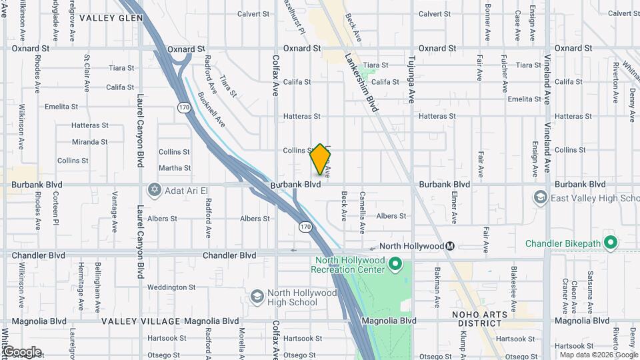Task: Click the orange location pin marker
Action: (x=321, y=159)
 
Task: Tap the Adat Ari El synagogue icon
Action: (x=155, y=191)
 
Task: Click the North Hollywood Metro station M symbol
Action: (x=451, y=246)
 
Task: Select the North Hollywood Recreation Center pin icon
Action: (x=395, y=265)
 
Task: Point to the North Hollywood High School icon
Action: (x=257, y=296)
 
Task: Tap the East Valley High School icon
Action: (x=540, y=197)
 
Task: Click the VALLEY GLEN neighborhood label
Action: (x=111, y=18)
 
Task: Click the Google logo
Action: (x=21, y=351)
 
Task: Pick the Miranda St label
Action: (x=90, y=142)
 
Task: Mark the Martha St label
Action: (x=175, y=168)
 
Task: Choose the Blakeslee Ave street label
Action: (x=514, y=285)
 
